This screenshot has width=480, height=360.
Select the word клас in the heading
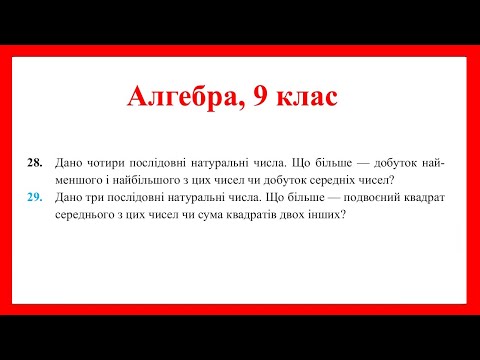309,97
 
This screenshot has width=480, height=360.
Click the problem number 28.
33,163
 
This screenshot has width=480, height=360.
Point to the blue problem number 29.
33,197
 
